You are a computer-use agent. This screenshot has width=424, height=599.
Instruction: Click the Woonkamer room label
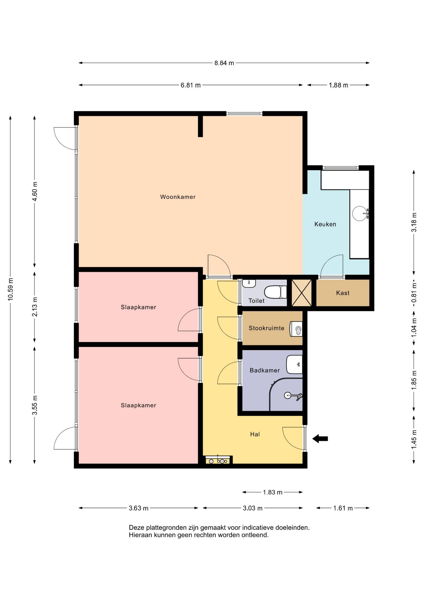178,197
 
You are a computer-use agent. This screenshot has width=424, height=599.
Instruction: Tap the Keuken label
325,224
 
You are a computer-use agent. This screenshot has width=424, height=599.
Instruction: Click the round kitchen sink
360,213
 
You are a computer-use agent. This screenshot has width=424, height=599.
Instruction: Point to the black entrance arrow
320,439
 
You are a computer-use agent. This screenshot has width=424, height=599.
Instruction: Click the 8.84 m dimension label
224,63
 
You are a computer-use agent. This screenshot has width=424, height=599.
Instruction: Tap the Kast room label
343,293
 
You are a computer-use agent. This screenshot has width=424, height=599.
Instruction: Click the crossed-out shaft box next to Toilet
301,293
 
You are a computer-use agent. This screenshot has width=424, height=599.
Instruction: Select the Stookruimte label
266,328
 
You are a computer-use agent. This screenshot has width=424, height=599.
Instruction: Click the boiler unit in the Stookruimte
296,329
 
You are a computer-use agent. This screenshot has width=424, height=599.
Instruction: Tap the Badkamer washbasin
294,364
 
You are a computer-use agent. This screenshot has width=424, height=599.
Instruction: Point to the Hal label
255,434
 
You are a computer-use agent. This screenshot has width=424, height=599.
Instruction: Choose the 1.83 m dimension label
272,492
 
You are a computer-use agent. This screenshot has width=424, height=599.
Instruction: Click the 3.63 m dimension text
138,508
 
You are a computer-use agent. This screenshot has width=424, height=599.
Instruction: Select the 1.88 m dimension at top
338,85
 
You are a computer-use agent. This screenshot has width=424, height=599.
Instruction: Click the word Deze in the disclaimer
136,528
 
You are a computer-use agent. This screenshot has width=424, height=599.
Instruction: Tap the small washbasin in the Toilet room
249,283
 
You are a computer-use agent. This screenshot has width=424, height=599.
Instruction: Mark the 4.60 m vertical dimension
35,191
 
